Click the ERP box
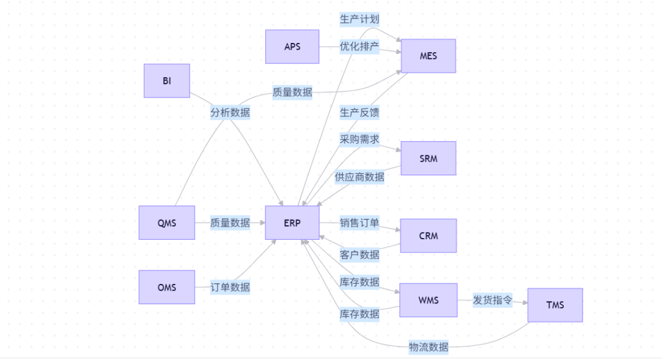click(292, 223)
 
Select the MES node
click(428, 56)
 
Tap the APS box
click(292, 47)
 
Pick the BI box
click(167, 80)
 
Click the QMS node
click(167, 223)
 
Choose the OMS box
click(167, 287)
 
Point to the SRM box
click(428, 158)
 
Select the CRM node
click(428, 236)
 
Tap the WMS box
click(428, 300)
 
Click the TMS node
click(555, 305)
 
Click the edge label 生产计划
click(359, 20)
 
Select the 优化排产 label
click(359, 47)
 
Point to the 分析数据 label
click(230, 113)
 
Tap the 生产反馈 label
click(359, 113)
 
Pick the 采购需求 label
click(359, 139)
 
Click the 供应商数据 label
click(359, 177)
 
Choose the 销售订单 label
click(359, 223)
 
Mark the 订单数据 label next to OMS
click(230, 287)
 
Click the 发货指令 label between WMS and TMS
click(492, 300)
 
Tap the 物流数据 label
click(428, 347)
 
